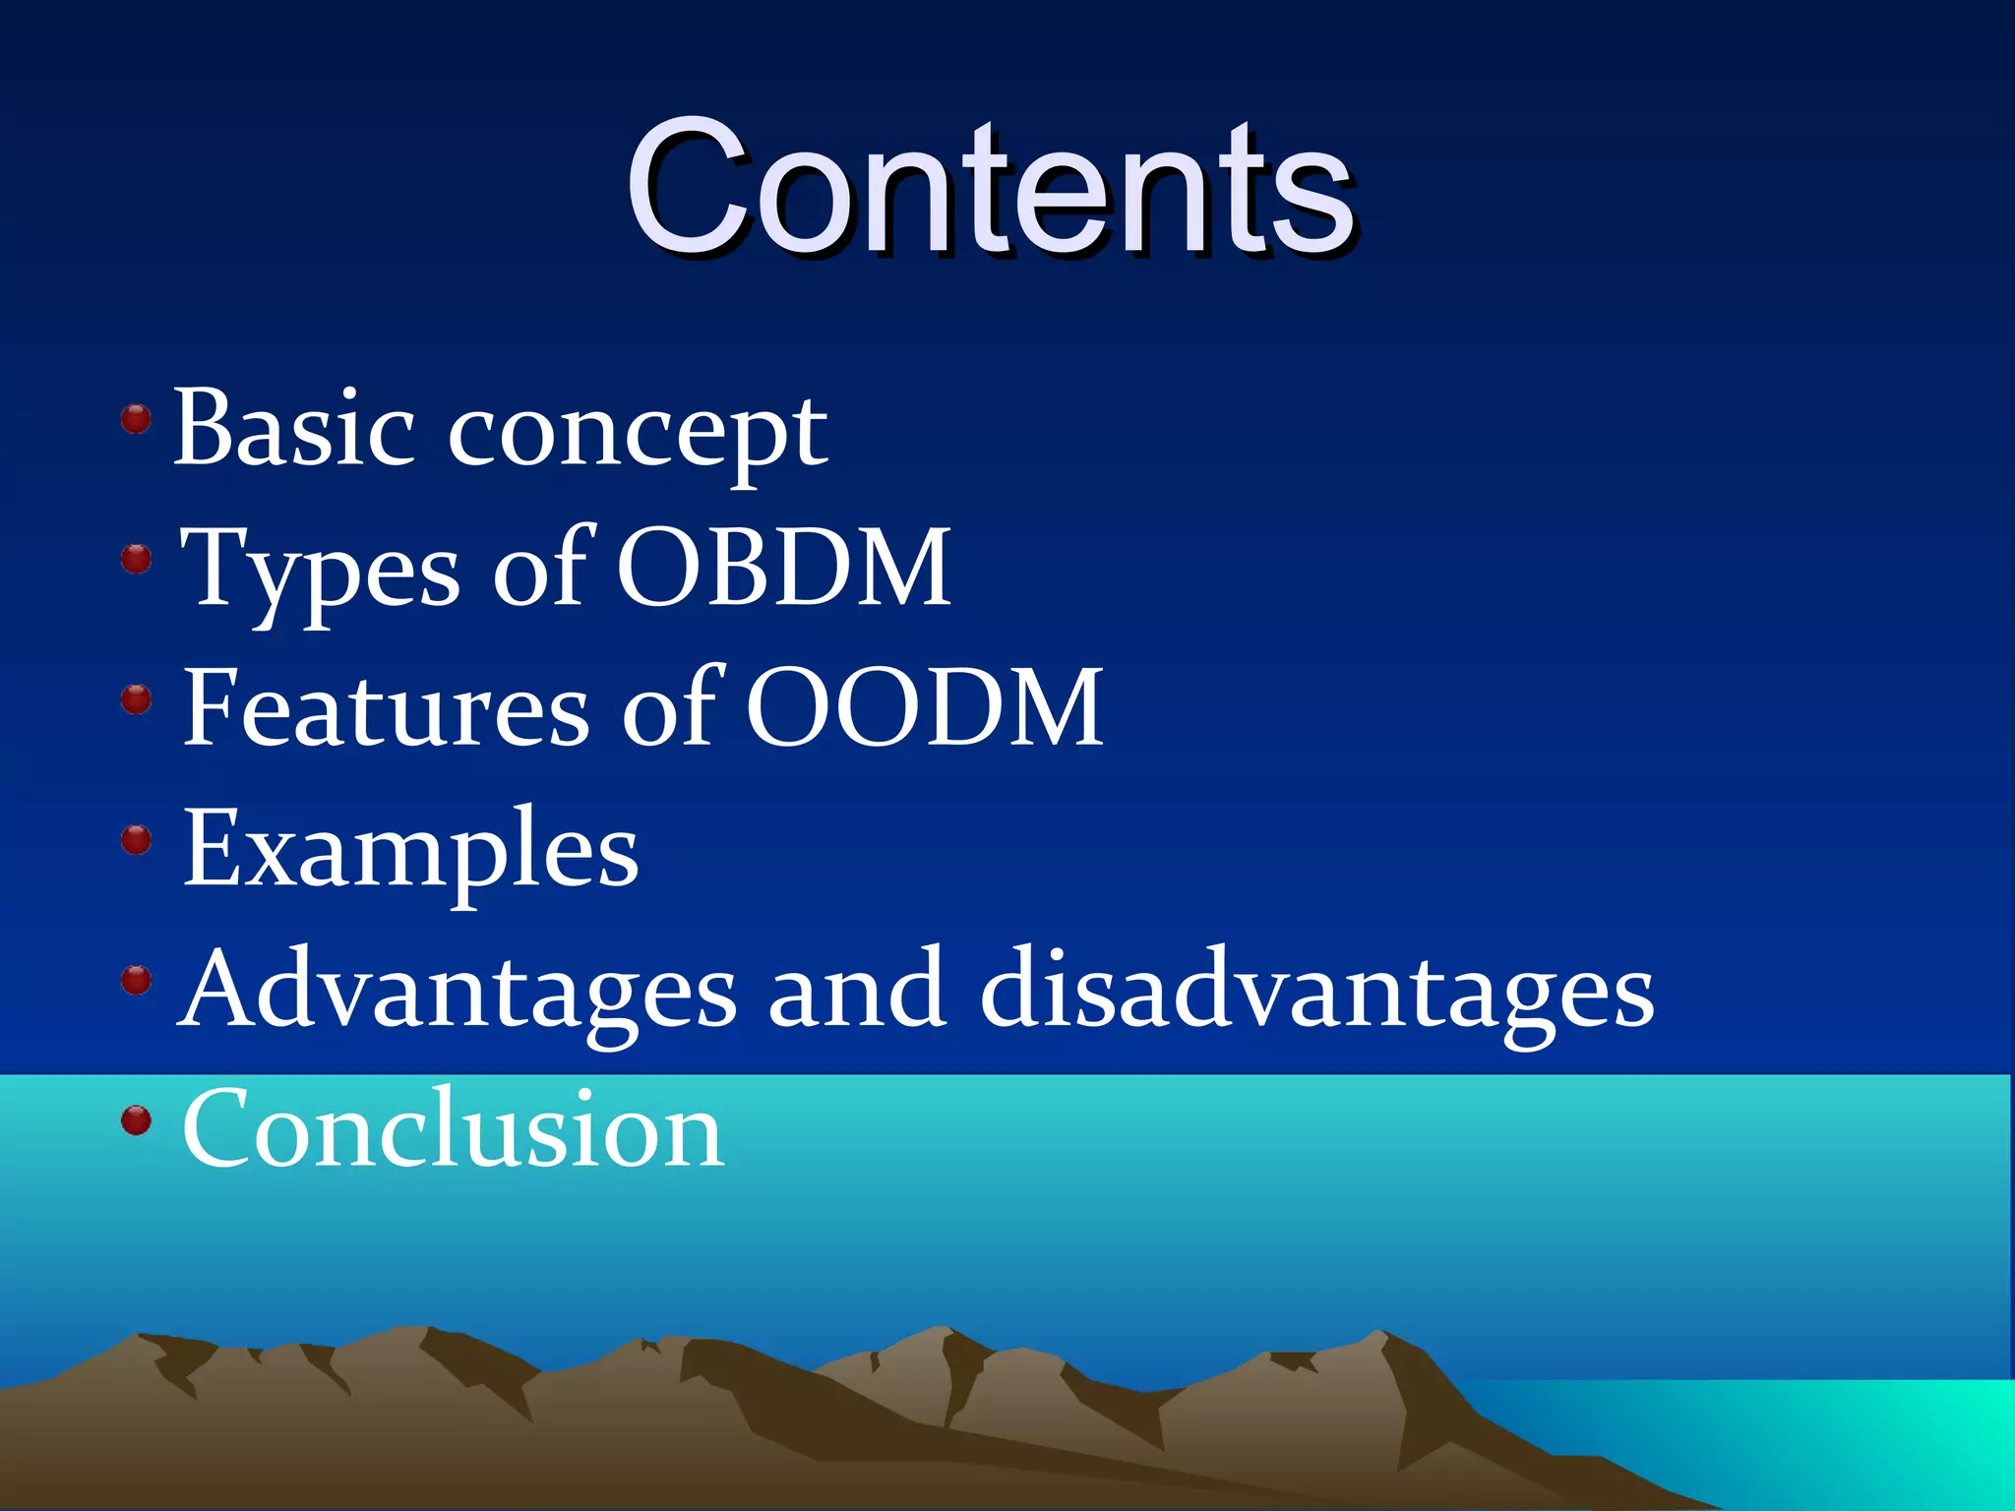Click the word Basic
(x=293, y=429)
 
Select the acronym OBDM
(x=783, y=569)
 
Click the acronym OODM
(x=923, y=708)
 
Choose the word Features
(x=386, y=708)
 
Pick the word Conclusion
(x=454, y=1129)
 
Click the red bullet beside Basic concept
(x=136, y=420)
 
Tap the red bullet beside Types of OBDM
(x=136, y=560)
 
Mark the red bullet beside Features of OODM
(x=136, y=700)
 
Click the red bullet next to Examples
(x=136, y=840)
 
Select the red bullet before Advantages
(x=136, y=980)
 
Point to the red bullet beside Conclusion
(x=136, y=1120)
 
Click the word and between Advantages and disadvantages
(x=857, y=990)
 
